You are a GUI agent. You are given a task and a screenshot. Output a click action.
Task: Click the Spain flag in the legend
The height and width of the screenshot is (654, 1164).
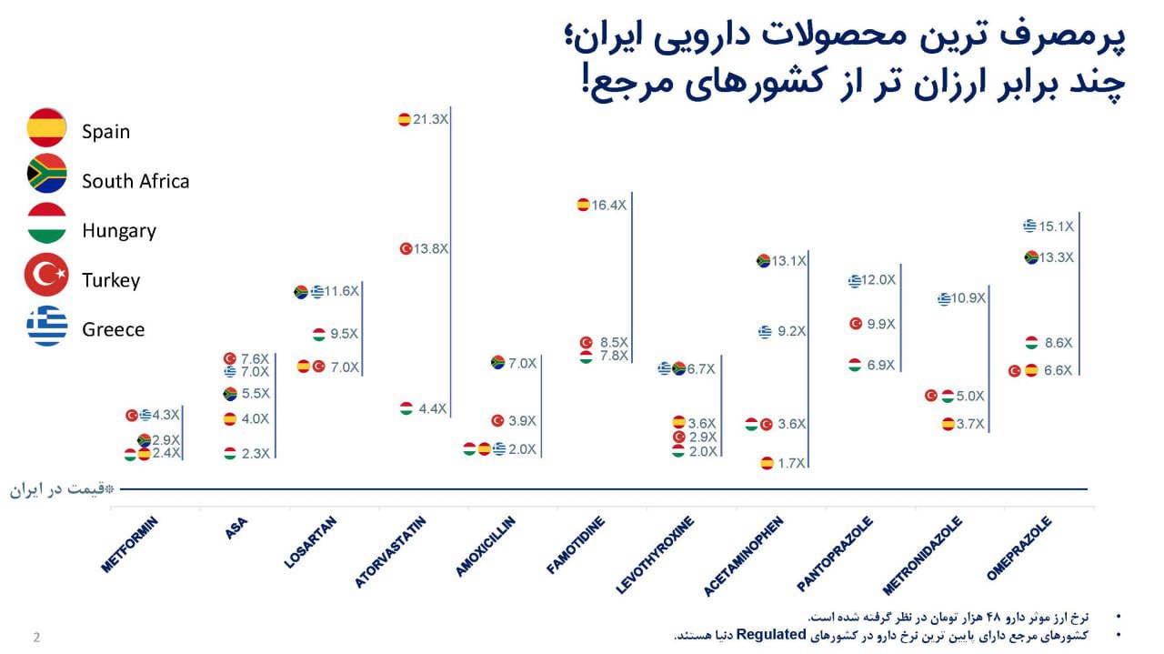tap(46, 128)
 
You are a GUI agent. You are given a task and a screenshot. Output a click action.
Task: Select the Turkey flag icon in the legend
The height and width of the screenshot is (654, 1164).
tap(46, 276)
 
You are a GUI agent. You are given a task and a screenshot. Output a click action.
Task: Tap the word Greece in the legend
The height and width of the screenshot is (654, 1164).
tap(113, 329)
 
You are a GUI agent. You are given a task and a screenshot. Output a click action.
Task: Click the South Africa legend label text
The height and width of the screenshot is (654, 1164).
tap(135, 181)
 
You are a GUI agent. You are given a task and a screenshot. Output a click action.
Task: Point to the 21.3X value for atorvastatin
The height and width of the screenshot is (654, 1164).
tap(430, 119)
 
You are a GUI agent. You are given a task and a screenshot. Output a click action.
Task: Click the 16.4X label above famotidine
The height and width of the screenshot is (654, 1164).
tap(608, 205)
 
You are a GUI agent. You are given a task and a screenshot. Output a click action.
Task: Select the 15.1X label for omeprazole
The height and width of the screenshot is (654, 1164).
tap(1056, 226)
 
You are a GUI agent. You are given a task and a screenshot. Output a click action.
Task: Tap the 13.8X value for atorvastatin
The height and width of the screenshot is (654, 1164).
tap(430, 248)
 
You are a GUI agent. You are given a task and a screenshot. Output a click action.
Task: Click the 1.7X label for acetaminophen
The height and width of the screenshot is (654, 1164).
tap(791, 463)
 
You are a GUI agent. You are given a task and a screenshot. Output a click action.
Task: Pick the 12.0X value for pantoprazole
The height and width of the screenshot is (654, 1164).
tap(878, 280)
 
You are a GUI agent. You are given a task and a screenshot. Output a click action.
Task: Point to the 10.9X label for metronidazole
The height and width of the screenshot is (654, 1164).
tap(968, 297)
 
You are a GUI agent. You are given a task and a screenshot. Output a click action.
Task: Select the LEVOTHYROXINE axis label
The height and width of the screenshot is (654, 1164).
tap(655, 555)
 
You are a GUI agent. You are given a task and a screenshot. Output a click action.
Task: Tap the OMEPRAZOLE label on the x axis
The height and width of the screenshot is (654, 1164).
tap(1018, 548)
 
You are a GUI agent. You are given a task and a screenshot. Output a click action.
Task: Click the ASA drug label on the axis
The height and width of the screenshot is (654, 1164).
tap(236, 528)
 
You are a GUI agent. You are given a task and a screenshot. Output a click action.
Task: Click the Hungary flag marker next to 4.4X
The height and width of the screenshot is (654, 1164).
tap(406, 408)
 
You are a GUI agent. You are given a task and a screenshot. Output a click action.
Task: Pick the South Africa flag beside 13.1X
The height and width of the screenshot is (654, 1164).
tap(763, 261)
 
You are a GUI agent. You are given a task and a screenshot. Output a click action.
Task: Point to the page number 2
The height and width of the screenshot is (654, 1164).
tap(36, 637)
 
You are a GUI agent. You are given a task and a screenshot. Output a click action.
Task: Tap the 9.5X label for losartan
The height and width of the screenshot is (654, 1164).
tap(344, 334)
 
